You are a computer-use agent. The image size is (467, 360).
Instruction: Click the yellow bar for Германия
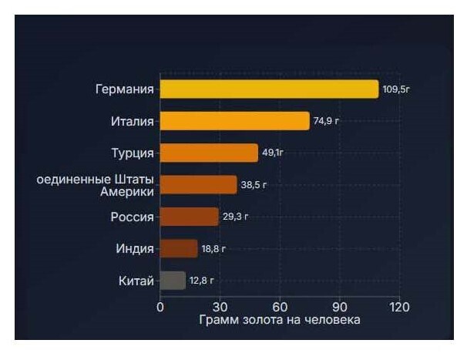pos(269,89)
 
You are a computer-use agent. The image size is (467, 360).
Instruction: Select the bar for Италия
pos(234,121)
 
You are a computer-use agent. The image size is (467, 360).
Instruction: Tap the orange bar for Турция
pos(209,153)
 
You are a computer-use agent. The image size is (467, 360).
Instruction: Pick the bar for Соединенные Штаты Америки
pos(198,185)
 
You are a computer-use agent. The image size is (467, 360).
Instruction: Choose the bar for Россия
pos(189,217)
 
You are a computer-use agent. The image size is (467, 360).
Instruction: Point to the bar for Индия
pos(179,248)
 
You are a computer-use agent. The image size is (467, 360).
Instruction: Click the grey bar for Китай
pos(173,280)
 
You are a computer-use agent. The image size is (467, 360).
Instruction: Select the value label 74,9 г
pos(327,122)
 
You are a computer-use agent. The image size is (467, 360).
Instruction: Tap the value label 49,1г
pos(274,153)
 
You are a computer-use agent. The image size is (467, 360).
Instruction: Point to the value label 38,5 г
pos(254,186)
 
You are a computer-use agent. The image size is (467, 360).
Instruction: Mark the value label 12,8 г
pos(202,281)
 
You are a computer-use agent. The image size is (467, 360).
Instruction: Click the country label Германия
pos(124,89)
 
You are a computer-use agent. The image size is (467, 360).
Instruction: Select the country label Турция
pos(133,153)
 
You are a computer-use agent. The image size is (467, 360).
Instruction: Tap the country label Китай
pos(135,280)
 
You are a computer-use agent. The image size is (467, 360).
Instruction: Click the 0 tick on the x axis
pos(160,307)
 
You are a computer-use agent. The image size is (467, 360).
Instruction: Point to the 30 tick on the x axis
pos(220,307)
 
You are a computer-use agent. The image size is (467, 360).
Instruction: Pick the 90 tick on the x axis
pos(340,307)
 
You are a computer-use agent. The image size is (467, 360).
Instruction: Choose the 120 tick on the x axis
pos(399,307)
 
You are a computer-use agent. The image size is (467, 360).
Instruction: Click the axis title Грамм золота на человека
pos(280,320)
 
